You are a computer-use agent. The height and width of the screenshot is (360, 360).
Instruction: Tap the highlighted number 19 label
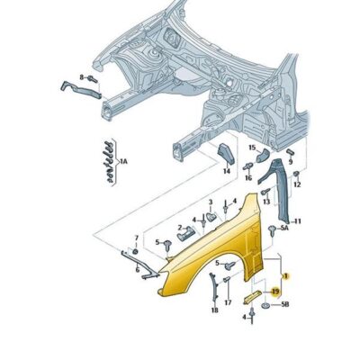275,291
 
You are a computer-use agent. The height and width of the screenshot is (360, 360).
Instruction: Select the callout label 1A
123,162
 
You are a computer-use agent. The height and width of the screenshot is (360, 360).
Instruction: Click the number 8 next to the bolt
82,77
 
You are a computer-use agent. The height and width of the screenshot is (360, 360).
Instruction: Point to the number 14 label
227,171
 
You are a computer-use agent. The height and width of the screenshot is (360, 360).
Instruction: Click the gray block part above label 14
226,154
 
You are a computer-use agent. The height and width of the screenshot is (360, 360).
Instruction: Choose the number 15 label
252,148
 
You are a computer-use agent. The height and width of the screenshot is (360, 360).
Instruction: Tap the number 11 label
297,221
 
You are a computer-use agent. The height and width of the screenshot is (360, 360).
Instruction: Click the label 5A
284,228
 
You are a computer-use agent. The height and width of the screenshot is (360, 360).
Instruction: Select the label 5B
284,305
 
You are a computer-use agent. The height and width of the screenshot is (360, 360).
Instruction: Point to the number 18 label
214,310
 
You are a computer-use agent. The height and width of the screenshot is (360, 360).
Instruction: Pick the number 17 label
228,302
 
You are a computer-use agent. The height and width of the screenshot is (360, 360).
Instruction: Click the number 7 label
137,238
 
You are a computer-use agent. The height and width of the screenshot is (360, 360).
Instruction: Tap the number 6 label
138,270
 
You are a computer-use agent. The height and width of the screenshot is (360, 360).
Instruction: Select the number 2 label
180,228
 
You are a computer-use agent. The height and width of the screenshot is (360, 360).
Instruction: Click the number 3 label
211,202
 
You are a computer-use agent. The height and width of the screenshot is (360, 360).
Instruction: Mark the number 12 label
297,185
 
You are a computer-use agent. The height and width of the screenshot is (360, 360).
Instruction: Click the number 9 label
291,162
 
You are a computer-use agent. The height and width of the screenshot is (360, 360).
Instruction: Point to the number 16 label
248,178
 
